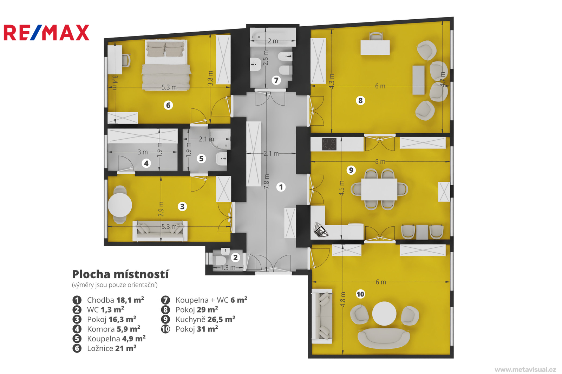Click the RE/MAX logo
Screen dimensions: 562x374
(46, 33)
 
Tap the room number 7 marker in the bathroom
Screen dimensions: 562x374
(276, 80)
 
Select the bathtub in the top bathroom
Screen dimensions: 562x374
(273, 37)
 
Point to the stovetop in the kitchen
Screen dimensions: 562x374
(329, 144)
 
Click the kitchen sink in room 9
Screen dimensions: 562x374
(320, 230)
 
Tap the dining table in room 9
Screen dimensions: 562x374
(379, 189)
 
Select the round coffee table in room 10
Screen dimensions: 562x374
(384, 314)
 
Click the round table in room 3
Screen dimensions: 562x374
(120, 205)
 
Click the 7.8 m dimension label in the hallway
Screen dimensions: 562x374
(266, 181)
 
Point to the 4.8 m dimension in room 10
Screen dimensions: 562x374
(343, 299)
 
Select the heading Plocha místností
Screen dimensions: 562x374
(120, 274)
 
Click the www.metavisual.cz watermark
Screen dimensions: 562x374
(525, 369)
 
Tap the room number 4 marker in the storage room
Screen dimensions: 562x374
(146, 163)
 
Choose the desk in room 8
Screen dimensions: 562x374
(375, 47)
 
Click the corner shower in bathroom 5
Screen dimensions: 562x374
(220, 139)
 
